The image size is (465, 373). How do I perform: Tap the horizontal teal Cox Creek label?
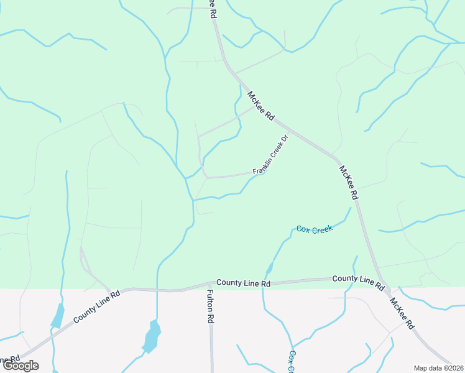tap(315, 229)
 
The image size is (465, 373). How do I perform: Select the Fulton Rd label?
tap(210, 307)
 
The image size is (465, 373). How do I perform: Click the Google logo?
tap(21, 366)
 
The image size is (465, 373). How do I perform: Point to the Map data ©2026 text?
tap(438, 368)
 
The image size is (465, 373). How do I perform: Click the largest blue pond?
tap(152, 337)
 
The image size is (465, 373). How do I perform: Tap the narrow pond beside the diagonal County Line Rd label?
tap(57, 316)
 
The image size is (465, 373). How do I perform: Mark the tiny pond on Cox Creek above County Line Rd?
tap(269, 269)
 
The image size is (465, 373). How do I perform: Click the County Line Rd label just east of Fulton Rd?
tap(243, 283)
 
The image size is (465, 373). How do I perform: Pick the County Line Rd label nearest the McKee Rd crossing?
tap(357, 281)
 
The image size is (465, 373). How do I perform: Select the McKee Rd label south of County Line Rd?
tap(402, 313)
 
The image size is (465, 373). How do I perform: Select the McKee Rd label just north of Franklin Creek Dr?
tap(260, 106)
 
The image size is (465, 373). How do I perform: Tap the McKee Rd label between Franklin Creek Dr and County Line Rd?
tap(349, 182)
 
